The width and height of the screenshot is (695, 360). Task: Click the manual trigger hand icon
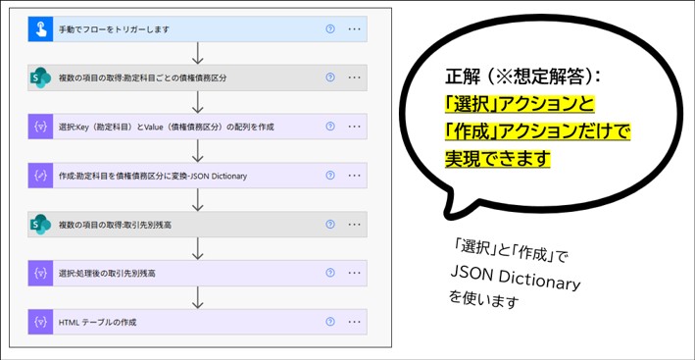click(x=40, y=29)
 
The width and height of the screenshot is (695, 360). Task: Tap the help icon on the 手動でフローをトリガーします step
click(x=330, y=28)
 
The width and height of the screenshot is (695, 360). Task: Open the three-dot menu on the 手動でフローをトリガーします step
click(x=354, y=28)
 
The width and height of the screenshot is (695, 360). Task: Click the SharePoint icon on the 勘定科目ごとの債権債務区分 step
click(x=40, y=77)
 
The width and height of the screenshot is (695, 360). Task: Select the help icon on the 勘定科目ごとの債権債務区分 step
click(x=330, y=77)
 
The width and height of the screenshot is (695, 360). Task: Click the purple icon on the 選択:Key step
click(x=40, y=127)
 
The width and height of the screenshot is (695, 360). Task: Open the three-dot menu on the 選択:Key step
click(x=354, y=127)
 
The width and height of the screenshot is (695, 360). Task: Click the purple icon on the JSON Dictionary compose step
click(x=40, y=176)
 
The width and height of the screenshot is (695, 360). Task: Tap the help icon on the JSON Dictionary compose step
click(x=330, y=176)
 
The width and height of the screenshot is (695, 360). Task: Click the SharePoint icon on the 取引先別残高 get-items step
click(x=40, y=225)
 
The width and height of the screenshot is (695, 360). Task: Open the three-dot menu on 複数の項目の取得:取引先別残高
click(x=354, y=225)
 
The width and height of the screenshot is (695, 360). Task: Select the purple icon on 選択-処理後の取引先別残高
click(x=40, y=273)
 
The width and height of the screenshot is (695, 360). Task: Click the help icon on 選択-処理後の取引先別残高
click(x=330, y=273)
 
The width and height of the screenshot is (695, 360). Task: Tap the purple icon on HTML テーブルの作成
click(x=40, y=322)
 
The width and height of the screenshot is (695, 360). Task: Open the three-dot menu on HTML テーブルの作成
click(x=354, y=322)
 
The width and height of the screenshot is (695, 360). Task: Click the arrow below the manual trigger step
click(x=198, y=53)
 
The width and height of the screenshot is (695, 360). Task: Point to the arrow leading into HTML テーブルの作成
click(x=198, y=297)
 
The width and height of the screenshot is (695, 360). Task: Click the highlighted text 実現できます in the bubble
click(x=498, y=159)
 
